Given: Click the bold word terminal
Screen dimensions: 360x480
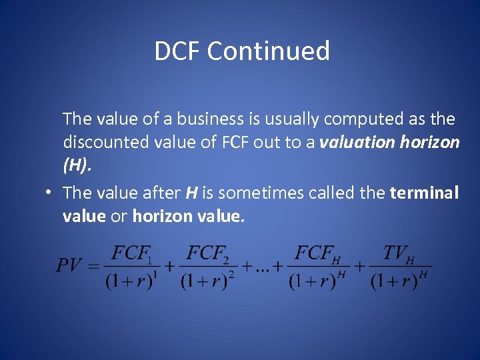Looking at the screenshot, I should tap(424, 193).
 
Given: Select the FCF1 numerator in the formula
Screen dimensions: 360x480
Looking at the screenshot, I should tap(131, 254).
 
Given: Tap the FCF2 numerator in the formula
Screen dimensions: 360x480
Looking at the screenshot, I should tap(207, 254).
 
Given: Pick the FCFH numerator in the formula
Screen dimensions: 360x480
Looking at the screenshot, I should tap(317, 254).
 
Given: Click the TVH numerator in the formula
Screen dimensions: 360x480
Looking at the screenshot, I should tap(399, 254).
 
